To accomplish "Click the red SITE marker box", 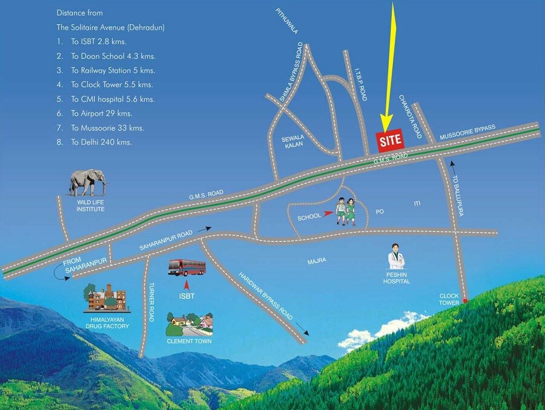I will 390,140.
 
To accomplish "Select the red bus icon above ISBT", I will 187,267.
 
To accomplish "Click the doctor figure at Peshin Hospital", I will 397,257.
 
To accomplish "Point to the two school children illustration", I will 346,212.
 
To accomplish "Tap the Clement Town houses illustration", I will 190,326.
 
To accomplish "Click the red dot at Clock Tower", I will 464,301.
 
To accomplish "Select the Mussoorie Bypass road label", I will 467,132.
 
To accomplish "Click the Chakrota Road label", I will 410,116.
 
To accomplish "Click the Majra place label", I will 317,261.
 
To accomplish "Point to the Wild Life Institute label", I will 90,206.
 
